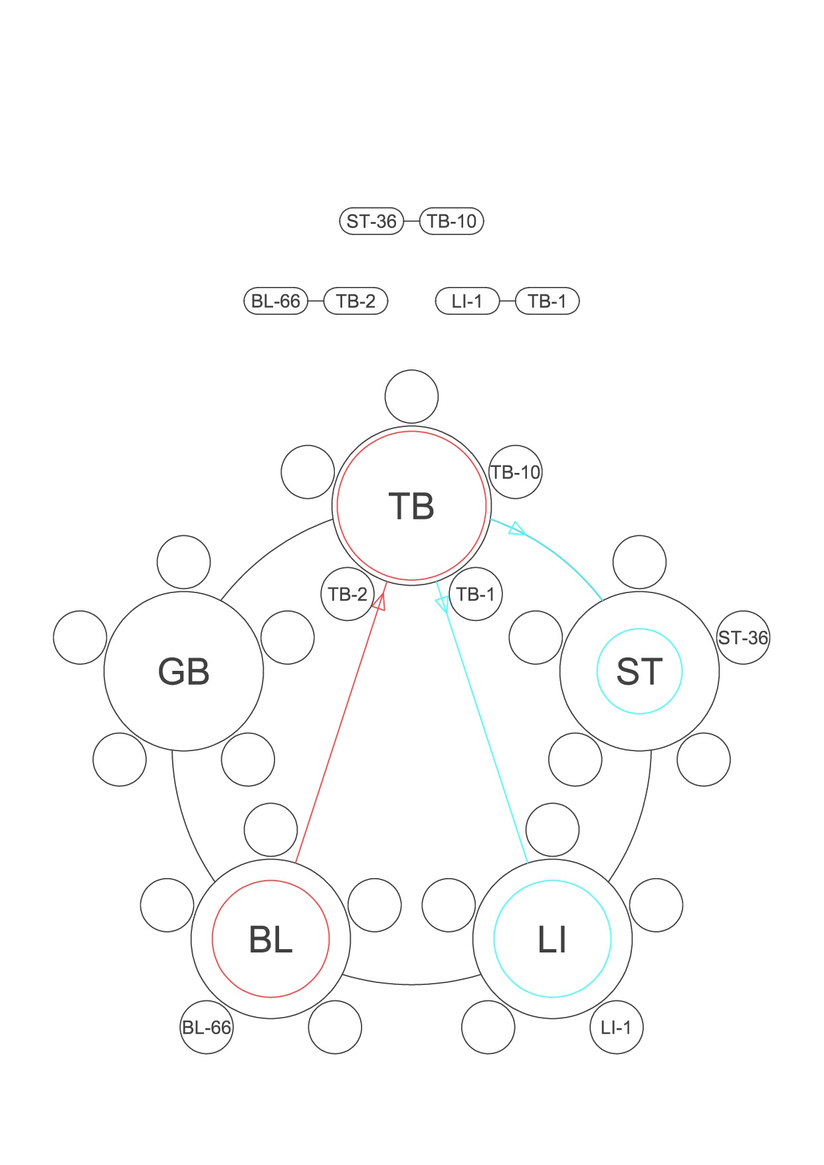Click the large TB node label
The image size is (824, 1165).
411,506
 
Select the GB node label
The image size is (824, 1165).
183,672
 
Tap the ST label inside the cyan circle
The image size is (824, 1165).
639,672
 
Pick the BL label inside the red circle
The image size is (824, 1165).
270,940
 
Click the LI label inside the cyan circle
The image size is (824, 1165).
552,940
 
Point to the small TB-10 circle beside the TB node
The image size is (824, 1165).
515,472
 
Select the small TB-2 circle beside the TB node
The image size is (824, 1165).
348,594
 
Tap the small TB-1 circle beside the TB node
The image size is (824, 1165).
476,594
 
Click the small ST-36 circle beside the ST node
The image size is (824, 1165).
743,638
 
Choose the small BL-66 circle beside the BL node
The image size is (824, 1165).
207,1027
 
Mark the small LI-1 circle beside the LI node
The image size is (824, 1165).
616,1027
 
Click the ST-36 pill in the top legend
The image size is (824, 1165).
371,221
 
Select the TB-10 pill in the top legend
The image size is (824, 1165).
452,221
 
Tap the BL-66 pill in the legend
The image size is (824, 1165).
276,301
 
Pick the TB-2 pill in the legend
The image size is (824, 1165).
356,301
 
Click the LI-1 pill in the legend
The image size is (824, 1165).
467,301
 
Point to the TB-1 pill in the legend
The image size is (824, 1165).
548,301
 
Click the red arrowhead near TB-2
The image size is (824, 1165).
379,601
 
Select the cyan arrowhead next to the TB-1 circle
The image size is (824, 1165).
442,604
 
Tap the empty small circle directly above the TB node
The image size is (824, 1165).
411,397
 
